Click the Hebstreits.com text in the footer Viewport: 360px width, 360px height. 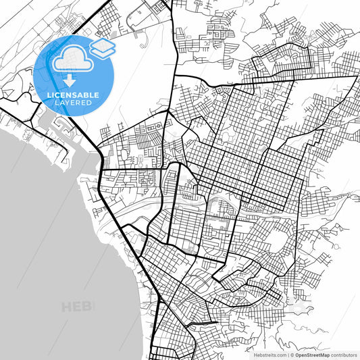[x=269, y=354]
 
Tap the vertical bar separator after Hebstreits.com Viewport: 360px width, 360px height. [x=288, y=354]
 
